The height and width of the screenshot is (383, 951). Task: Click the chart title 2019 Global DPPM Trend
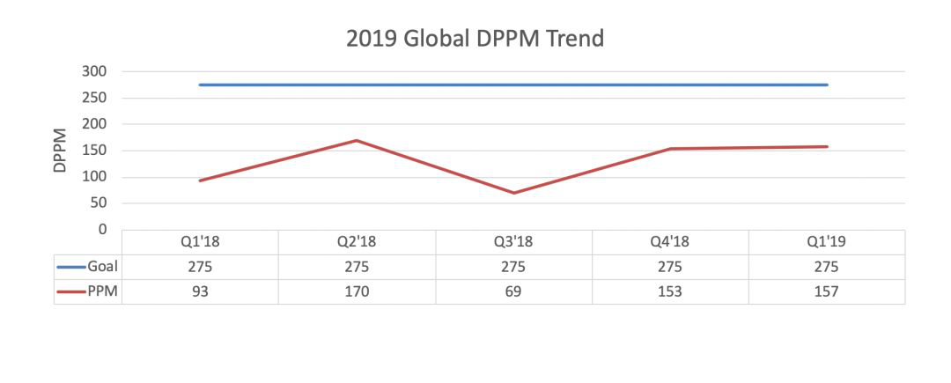pos(475,40)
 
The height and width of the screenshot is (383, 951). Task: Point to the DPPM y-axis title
pos(61,151)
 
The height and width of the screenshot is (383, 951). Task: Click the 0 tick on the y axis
pos(103,230)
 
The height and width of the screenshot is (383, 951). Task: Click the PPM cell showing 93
pos(200,291)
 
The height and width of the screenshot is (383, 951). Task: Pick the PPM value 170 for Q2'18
pos(357,291)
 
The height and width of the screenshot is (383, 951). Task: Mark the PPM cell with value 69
pos(513,291)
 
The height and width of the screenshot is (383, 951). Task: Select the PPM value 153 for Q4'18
pos(670,291)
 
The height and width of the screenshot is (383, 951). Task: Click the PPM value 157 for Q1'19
pos(827,291)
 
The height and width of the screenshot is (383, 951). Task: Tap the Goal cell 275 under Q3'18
pos(513,267)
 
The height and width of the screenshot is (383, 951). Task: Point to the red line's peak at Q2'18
pos(357,140)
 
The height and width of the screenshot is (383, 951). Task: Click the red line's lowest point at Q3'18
pos(513,193)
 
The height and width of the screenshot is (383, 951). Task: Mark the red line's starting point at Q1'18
pos(200,180)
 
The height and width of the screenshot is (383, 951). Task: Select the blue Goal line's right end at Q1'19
pos(827,85)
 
